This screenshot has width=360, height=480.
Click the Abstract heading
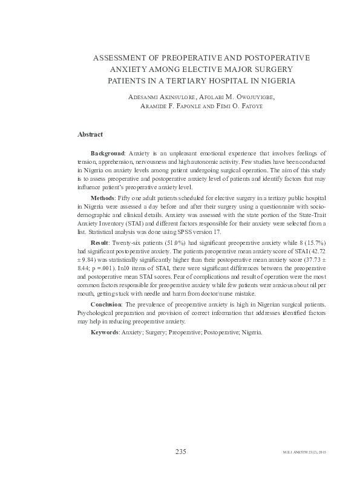90,134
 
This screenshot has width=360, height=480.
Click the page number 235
180,452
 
